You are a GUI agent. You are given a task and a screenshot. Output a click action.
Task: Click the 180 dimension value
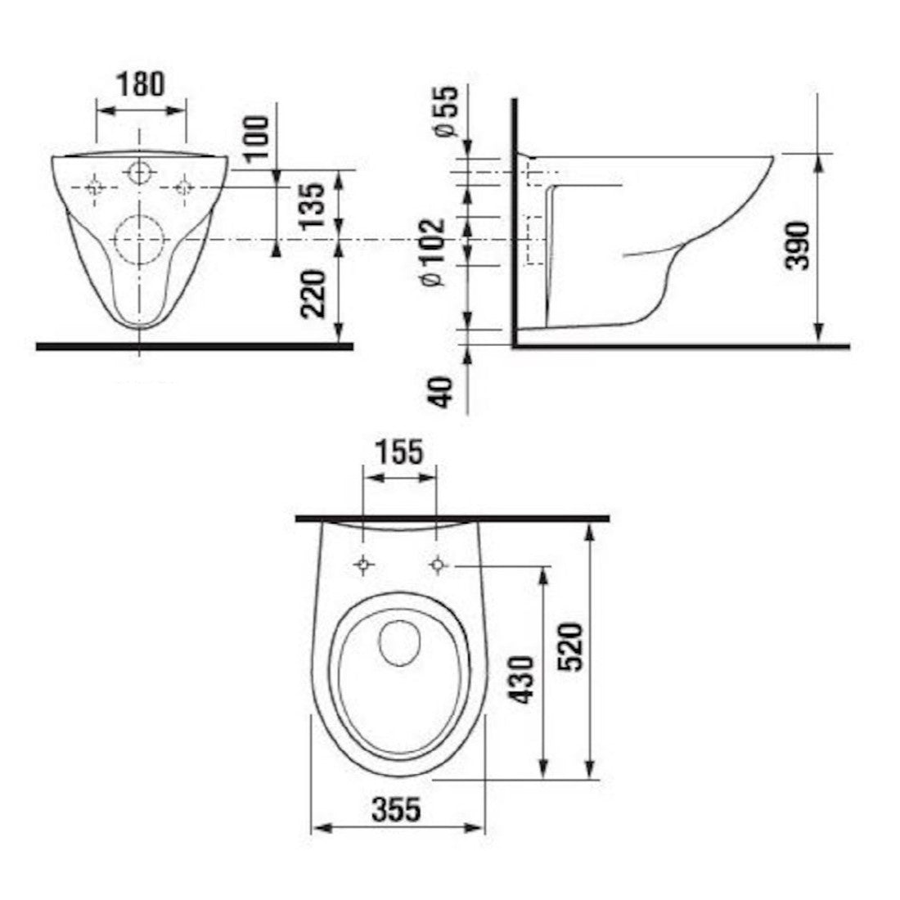pos(142,83)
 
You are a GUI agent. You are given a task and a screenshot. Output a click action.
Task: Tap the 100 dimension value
pos(256,137)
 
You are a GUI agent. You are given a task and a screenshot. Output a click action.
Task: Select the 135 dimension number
pos(313,206)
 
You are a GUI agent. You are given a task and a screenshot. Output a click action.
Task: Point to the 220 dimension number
pos(313,294)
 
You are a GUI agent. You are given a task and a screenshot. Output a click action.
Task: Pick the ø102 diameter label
pos(433,252)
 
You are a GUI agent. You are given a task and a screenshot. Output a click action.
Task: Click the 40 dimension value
pos(442,391)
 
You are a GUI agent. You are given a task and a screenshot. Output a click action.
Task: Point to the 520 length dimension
pos(570,646)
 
